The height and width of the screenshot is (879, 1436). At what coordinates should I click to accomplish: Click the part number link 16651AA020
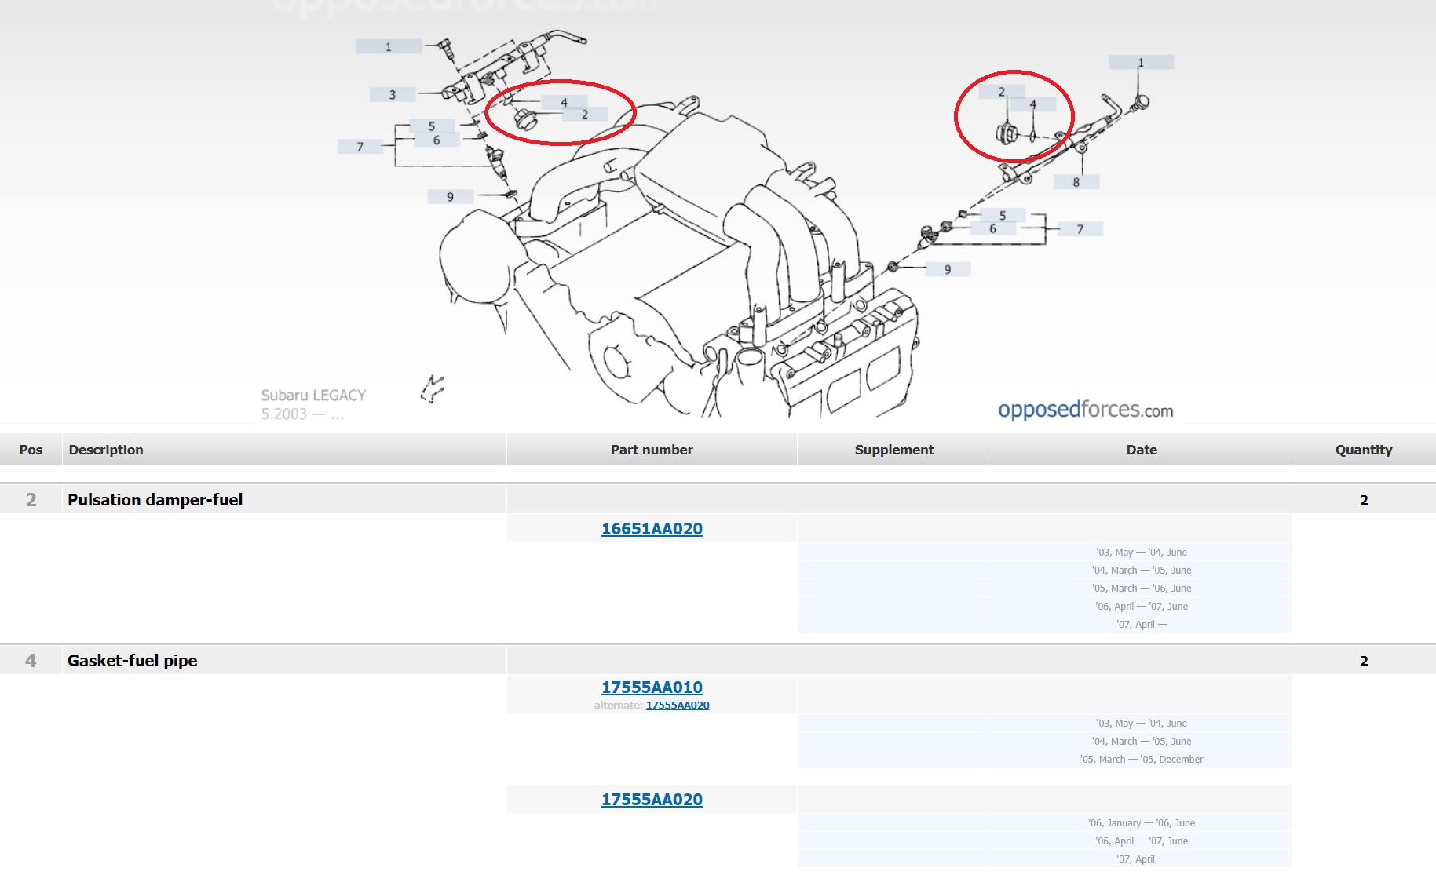[x=652, y=529]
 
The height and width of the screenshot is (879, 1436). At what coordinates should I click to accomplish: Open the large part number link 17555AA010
[x=652, y=688]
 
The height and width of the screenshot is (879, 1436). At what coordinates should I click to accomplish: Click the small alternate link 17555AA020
[x=678, y=706]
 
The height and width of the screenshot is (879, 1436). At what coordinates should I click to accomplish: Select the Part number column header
[x=652, y=450]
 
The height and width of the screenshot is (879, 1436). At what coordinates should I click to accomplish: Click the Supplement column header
[x=894, y=450]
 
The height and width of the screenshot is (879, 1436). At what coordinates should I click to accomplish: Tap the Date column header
[x=1142, y=450]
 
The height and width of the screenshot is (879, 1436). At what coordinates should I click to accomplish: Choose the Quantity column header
[x=1364, y=450]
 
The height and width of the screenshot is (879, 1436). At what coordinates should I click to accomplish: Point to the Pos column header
[x=31, y=450]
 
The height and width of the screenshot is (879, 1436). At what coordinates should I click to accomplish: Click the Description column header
[x=106, y=450]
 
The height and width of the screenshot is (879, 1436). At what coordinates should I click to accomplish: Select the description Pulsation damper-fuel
[x=155, y=500]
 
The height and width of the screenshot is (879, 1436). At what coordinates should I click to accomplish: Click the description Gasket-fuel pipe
[x=133, y=661]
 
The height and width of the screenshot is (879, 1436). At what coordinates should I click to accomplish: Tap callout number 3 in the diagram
[x=393, y=95]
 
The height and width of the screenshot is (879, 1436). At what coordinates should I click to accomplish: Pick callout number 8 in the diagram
[x=1076, y=182]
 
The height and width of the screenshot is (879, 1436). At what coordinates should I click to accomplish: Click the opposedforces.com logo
[x=1086, y=410]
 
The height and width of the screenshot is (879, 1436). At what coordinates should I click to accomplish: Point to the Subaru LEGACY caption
[x=313, y=396]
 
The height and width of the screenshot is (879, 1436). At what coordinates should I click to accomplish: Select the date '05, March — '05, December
[x=1142, y=760]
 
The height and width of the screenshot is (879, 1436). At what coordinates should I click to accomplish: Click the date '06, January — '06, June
[x=1142, y=823]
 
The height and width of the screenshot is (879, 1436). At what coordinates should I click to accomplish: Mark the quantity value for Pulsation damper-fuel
[x=1364, y=500]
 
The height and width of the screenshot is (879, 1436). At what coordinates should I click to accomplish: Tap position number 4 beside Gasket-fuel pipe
[x=31, y=661]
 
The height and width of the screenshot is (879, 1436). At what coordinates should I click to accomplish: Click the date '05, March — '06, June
[x=1142, y=589]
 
